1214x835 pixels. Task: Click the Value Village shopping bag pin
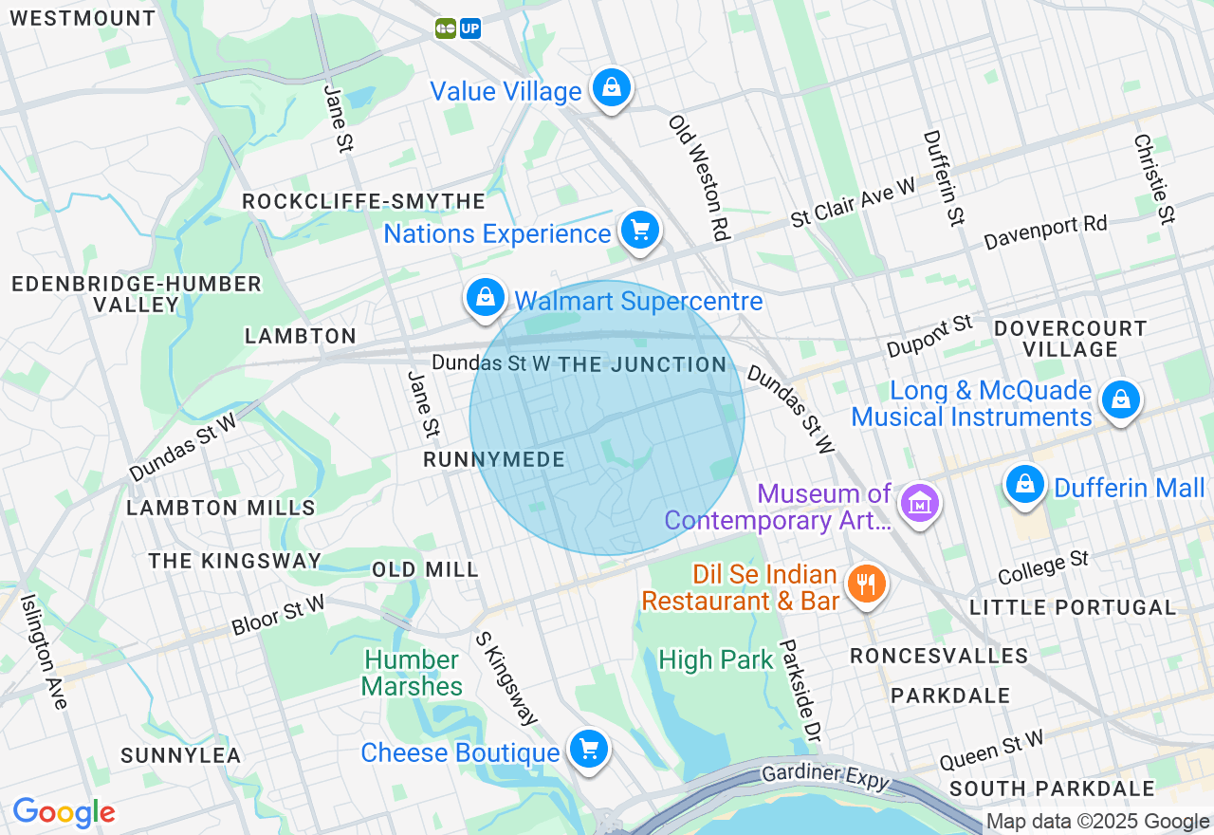[x=612, y=88]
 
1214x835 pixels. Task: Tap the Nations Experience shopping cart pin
[x=640, y=231]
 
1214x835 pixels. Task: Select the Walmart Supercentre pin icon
[x=486, y=298]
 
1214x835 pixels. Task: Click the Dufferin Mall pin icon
[x=1024, y=485]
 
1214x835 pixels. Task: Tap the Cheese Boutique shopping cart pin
[x=589, y=750]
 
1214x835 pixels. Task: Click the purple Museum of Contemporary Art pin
[x=919, y=504]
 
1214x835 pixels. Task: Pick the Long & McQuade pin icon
[x=1121, y=399]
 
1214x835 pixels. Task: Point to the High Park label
[x=716, y=660]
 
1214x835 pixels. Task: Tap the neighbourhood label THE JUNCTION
[x=642, y=364]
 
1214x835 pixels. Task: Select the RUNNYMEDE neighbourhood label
[x=494, y=460]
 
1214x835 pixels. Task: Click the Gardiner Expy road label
[x=825, y=775]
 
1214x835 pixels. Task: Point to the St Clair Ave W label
[x=854, y=202]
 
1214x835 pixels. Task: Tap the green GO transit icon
[x=446, y=28]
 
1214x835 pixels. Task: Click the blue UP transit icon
[x=470, y=28]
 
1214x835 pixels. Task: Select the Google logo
[x=64, y=812]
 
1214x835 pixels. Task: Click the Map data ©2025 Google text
[x=1097, y=822]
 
